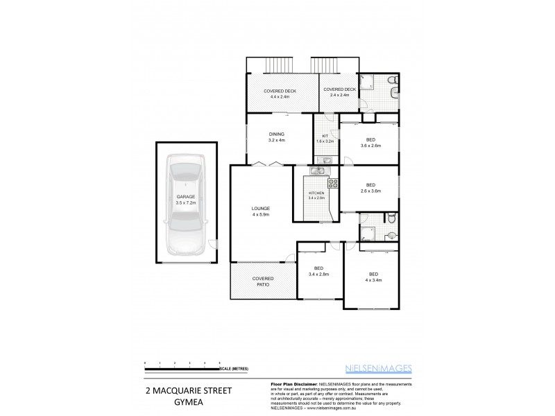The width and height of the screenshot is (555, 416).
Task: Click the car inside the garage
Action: (x=185, y=206)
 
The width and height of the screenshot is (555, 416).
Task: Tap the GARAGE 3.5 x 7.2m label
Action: (x=185, y=200)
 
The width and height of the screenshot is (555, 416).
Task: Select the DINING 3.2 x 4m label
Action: (x=277, y=137)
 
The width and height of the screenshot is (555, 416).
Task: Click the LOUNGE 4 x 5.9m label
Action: (x=261, y=211)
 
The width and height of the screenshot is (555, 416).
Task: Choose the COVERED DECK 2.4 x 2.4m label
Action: (x=339, y=92)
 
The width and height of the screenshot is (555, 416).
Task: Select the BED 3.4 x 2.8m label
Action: (x=318, y=271)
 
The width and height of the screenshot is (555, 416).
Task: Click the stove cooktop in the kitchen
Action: (x=332, y=184)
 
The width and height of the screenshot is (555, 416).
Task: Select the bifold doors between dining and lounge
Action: (x=267, y=164)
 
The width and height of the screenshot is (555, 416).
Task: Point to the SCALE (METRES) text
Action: (x=234, y=369)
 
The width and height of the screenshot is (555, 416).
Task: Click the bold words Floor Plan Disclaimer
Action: (x=291, y=383)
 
